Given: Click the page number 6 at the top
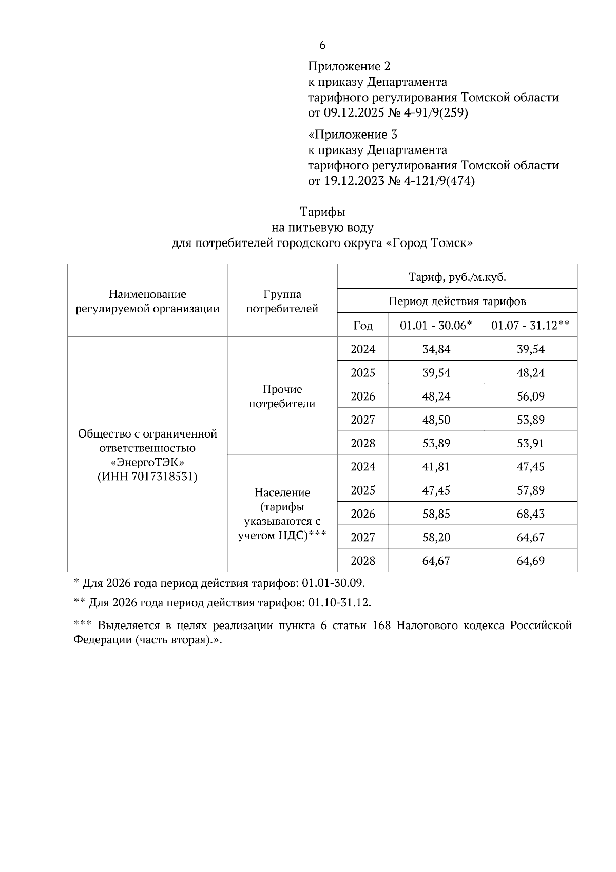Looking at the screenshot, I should [322, 45].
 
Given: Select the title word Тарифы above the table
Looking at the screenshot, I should [322, 212].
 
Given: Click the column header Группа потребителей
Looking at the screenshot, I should [282, 301].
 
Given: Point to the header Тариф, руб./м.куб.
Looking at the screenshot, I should [457, 277].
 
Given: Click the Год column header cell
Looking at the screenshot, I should [363, 326].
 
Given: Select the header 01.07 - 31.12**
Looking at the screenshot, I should [530, 326].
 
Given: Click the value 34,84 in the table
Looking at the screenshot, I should [436, 349].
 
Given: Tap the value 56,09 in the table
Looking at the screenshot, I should [530, 396].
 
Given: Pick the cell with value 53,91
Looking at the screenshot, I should [530, 443].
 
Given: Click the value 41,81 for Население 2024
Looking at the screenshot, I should [436, 467].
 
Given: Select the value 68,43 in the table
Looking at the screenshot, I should [530, 514].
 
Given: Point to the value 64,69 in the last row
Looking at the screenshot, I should [530, 561].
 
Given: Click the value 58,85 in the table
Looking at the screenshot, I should [436, 514].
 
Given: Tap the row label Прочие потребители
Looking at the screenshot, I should [282, 396].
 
